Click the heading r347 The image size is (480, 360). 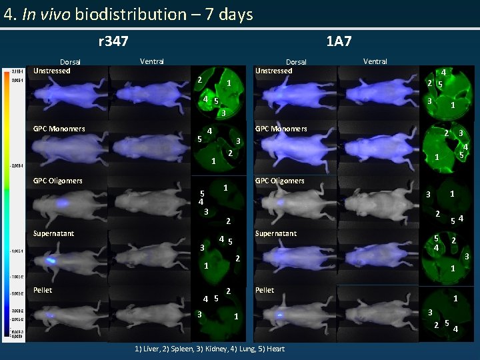[x=113, y=42]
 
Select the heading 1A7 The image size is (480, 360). [x=339, y=42]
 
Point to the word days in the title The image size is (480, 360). [x=235, y=14]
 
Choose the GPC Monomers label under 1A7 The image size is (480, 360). [x=281, y=129]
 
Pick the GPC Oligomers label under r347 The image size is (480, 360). [x=58, y=181]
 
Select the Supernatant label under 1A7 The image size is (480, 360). [x=277, y=233]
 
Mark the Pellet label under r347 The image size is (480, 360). [x=43, y=290]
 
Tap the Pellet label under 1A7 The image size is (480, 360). [x=265, y=290]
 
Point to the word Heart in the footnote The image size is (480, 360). [x=275, y=349]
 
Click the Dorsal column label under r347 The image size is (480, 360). [x=70, y=62]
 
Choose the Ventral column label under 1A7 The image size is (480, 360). [x=375, y=61]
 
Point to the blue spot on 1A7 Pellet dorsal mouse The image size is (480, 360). [x=280, y=314]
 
